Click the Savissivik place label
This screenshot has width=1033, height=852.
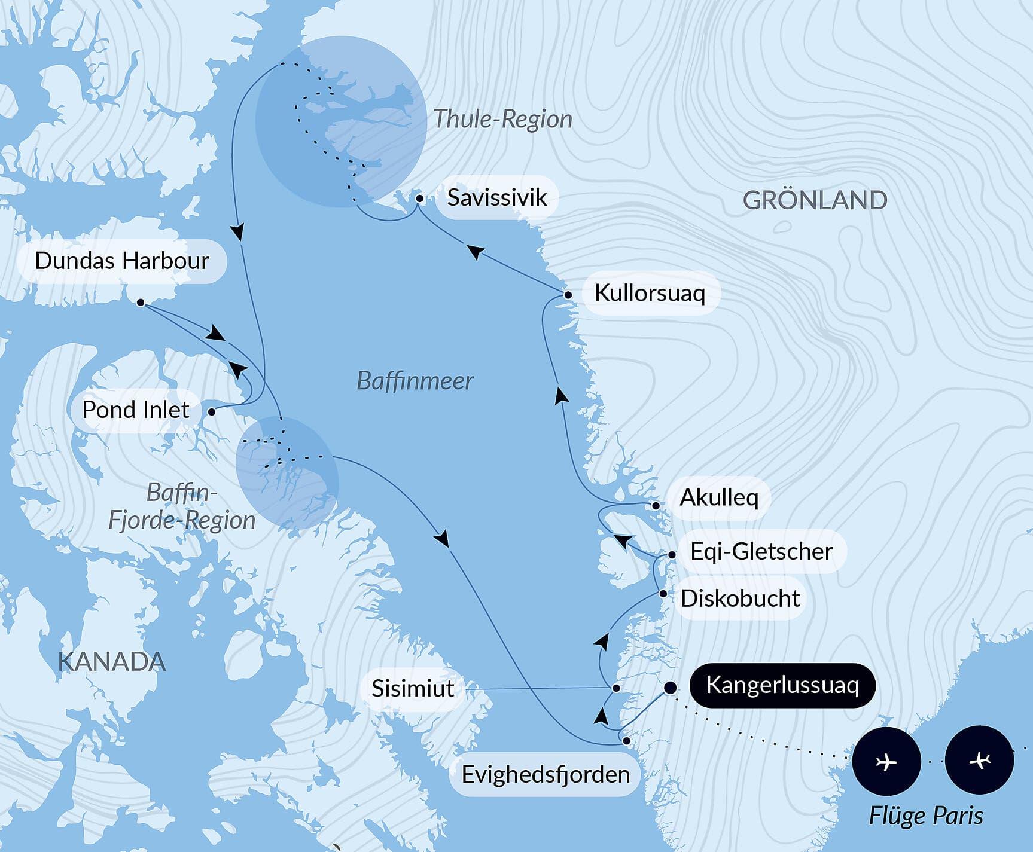[x=496, y=197]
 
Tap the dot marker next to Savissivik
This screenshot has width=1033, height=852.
[x=420, y=198]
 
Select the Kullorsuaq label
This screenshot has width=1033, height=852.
[x=650, y=293]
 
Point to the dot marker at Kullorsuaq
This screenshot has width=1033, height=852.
[x=568, y=294]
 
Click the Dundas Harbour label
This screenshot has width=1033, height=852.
[x=122, y=261]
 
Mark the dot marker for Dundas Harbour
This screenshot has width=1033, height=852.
[x=141, y=303]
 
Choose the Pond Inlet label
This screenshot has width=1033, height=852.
[x=136, y=410]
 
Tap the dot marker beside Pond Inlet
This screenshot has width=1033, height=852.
[x=212, y=411]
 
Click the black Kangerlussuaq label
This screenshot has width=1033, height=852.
[x=782, y=685]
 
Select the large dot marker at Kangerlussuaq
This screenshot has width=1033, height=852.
[x=671, y=688]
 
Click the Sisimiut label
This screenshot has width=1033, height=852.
[x=413, y=688]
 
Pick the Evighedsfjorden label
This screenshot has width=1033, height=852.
[x=545, y=774]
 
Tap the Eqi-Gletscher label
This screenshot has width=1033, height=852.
[x=761, y=551]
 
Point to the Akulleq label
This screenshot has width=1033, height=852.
[x=719, y=497]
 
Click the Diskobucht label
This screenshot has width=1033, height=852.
[x=740, y=598]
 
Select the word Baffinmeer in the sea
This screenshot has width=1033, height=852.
[x=415, y=381]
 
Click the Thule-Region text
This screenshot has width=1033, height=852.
[x=502, y=119]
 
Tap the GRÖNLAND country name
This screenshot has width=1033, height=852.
[x=815, y=200]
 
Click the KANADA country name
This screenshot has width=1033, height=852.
[x=112, y=662]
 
